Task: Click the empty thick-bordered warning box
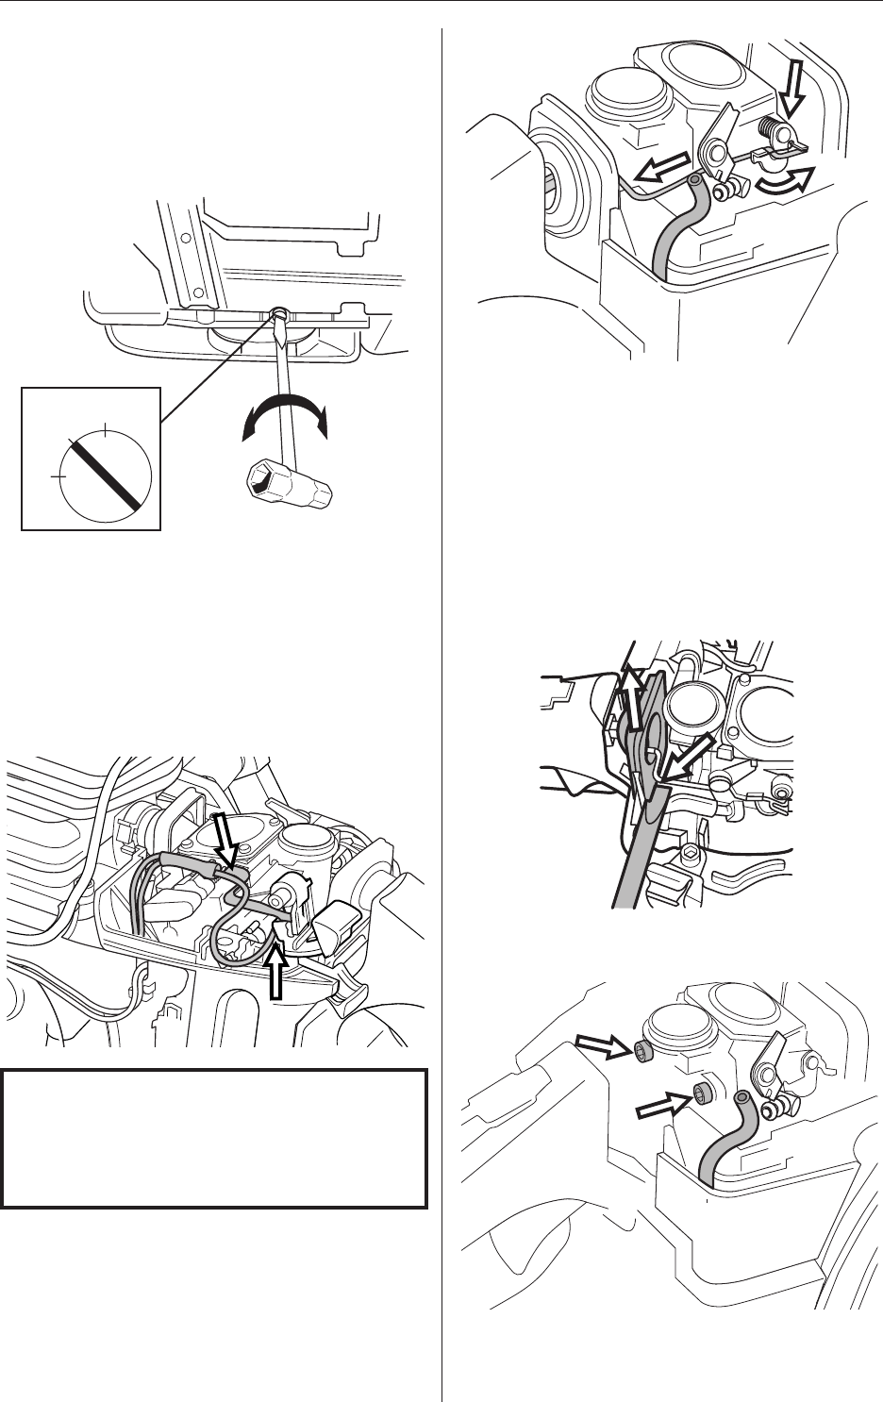(x=214, y=1138)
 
